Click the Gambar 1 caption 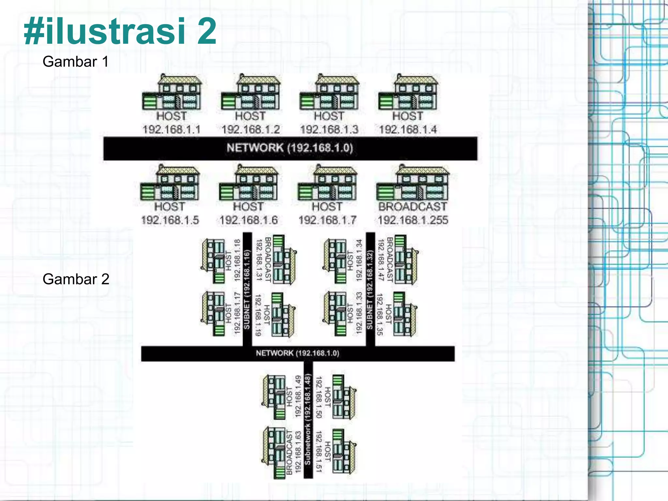(75, 62)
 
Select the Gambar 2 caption (76, 279)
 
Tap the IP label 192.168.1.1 (172, 129)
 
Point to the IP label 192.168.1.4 (408, 129)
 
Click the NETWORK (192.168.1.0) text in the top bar (290, 148)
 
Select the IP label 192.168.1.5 (170, 220)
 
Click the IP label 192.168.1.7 (327, 220)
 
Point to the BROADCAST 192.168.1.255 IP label (413, 220)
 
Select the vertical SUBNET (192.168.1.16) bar (247, 289)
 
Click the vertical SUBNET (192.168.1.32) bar (370, 289)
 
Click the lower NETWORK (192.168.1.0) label (297, 353)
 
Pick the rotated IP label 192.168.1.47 (381, 260)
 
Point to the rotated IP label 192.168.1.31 (259, 260)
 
